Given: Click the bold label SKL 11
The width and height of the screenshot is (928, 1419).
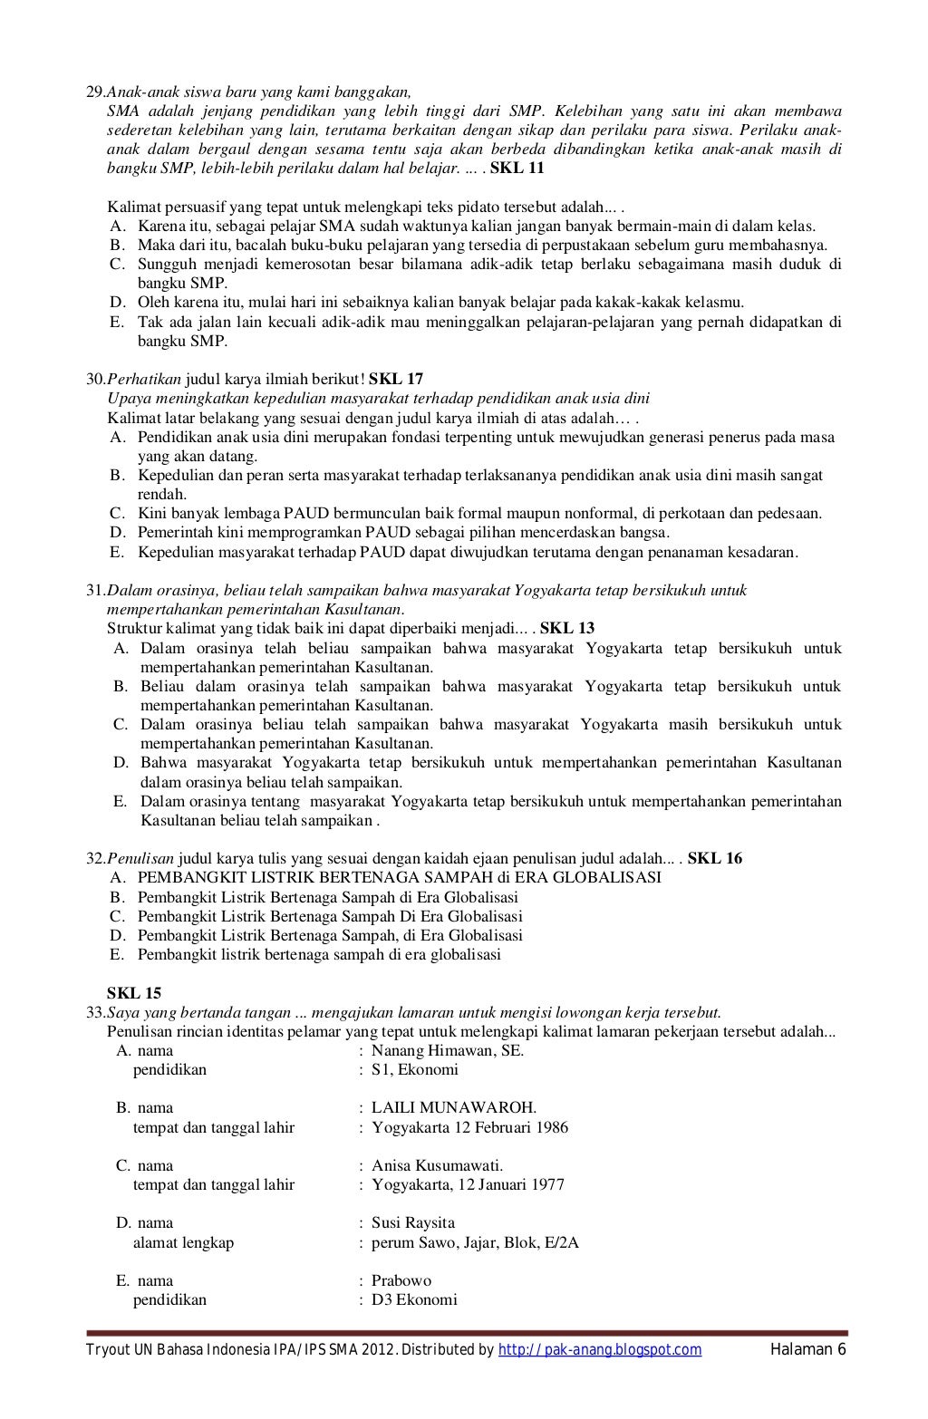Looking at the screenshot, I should coord(517,169).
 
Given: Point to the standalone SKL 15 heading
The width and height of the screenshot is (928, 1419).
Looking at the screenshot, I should coord(134,993).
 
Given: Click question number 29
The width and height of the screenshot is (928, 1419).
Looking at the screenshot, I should coord(95,92).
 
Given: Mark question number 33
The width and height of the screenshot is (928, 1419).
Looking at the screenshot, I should coord(95,1012).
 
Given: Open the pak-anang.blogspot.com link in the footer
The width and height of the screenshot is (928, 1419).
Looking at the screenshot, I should coord(600,1350).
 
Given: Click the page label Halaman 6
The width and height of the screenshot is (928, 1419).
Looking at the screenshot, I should coord(807,1350).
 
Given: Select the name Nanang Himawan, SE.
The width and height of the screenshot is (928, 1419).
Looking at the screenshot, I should coord(448,1050).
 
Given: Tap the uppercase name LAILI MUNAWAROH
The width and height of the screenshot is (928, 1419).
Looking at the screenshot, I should coord(453,1107).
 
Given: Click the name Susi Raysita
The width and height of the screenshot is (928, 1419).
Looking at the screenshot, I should coord(413,1222).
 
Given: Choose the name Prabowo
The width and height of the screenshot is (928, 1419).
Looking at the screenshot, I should coord(401,1280).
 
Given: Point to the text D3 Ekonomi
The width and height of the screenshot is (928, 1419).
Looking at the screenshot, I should coord(414,1299).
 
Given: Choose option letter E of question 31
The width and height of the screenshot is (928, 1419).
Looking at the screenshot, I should coord(120,801).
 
